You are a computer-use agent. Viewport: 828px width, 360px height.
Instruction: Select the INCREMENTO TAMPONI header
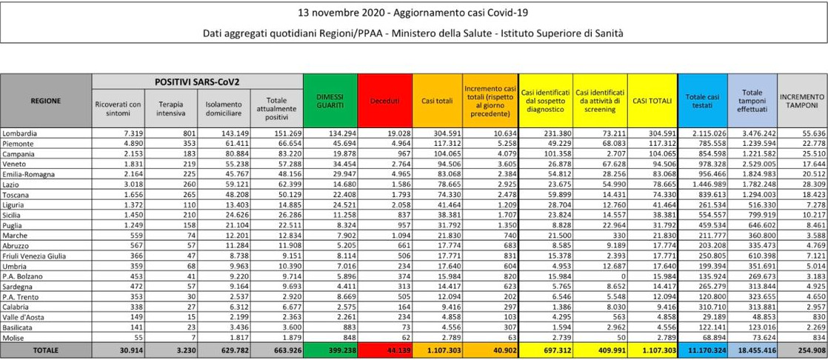[x=801, y=100]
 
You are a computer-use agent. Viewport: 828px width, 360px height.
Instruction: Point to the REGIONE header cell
[x=45, y=100]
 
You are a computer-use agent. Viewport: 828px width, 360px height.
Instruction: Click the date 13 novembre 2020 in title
[x=333, y=13]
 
